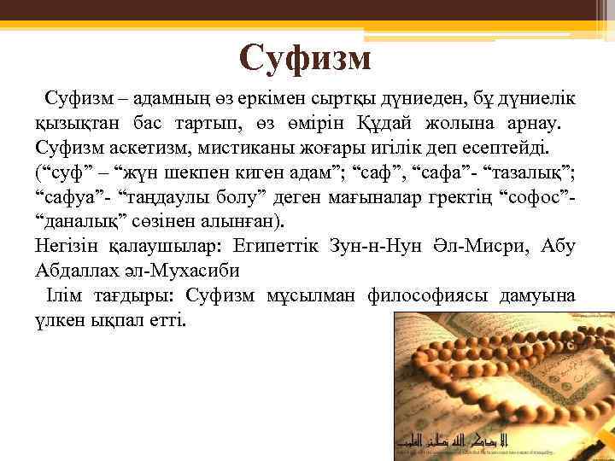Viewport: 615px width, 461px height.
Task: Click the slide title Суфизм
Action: tap(305, 59)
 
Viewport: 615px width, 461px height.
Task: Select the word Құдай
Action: tap(404, 124)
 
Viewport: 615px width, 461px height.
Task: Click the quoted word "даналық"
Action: tap(78, 223)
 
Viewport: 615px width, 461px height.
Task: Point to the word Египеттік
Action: tap(278, 248)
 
